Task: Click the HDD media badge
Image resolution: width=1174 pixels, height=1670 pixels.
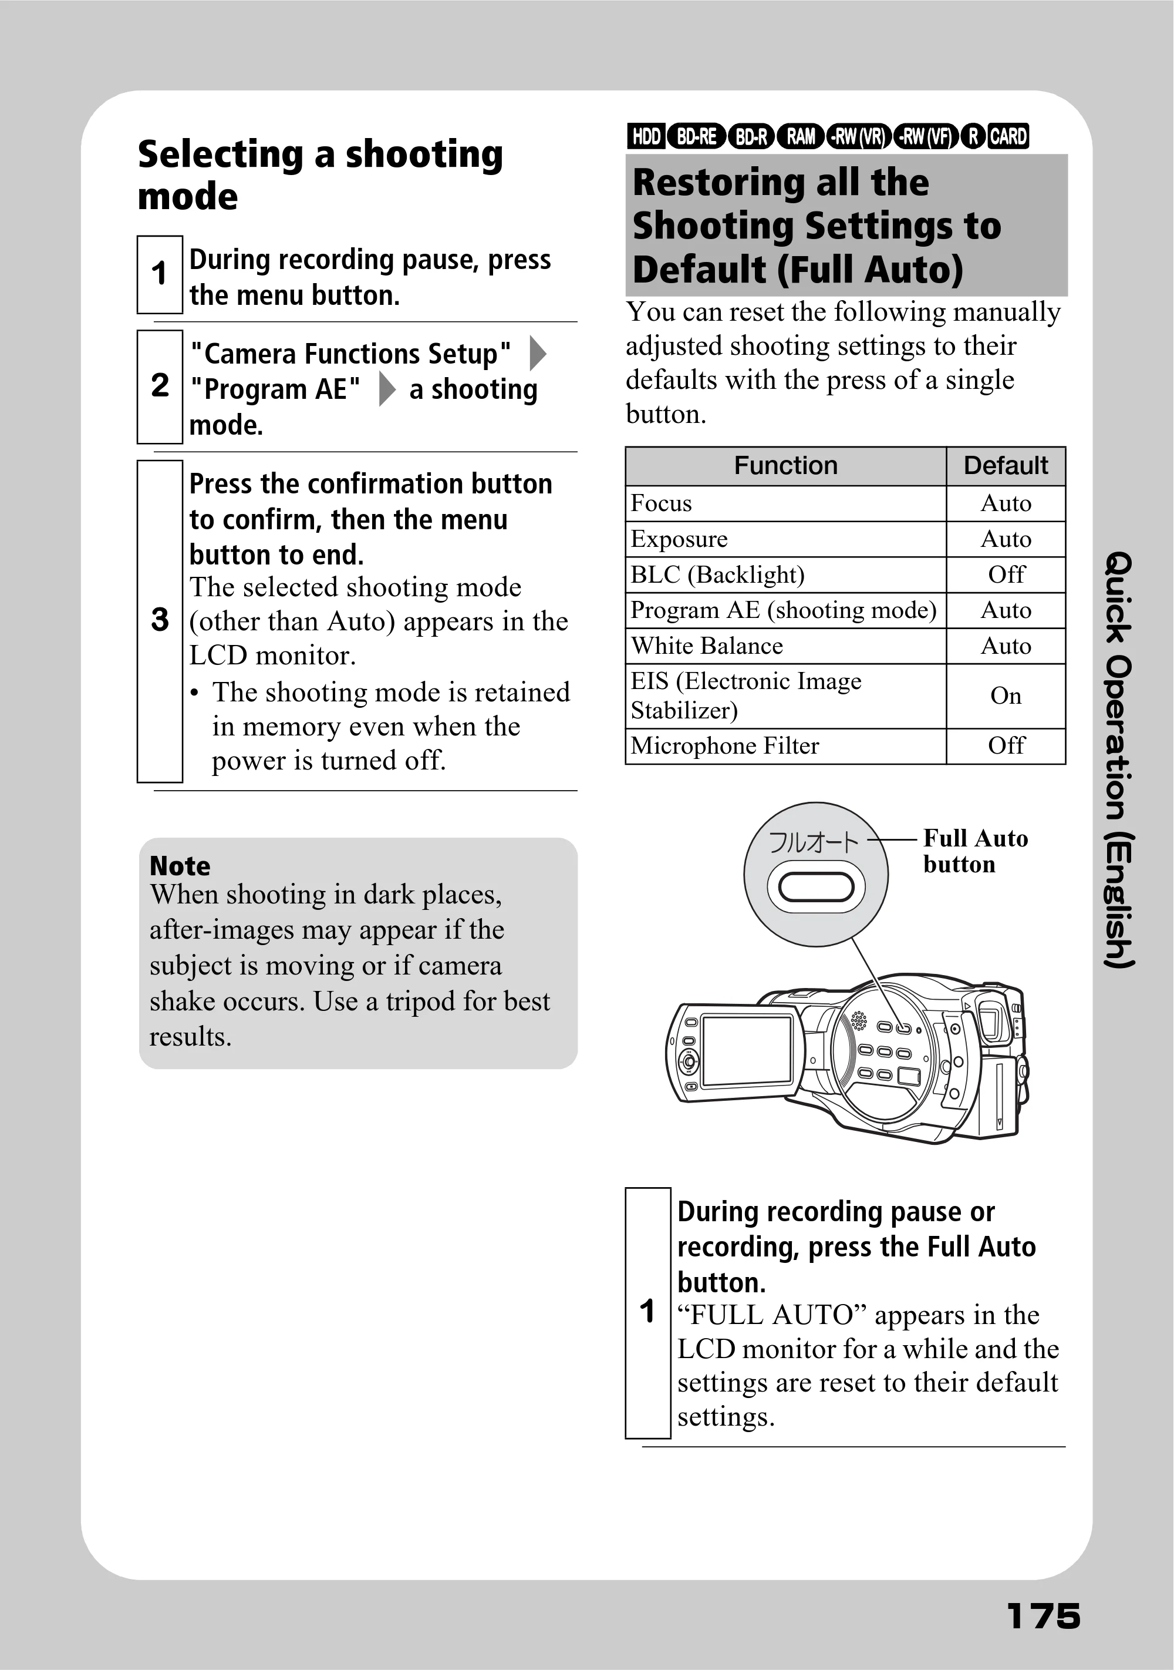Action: (646, 136)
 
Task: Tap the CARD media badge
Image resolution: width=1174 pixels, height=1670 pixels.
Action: (1008, 136)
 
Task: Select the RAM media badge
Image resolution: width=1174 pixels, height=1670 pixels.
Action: (800, 136)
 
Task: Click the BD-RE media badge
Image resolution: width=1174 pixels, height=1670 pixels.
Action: (696, 136)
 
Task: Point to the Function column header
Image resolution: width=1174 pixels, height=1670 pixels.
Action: (786, 465)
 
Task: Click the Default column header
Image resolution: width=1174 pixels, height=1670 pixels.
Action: (1006, 465)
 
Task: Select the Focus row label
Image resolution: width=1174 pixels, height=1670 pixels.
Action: (662, 503)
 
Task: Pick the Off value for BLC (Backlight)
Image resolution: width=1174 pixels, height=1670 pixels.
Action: (1006, 574)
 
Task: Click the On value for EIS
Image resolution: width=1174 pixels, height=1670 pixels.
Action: (1006, 696)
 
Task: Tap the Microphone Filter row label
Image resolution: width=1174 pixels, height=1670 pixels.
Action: (725, 745)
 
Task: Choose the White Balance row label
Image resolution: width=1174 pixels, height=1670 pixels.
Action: (707, 646)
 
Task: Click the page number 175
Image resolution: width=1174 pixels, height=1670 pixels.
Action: (1043, 1616)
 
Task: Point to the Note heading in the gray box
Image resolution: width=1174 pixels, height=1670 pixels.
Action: (180, 866)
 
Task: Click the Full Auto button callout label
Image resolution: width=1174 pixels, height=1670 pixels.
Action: (976, 851)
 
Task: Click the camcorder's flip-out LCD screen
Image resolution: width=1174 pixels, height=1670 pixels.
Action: (747, 1050)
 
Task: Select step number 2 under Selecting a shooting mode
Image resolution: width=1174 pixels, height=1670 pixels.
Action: (160, 385)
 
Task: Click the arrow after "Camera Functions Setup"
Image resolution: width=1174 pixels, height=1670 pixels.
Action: (537, 354)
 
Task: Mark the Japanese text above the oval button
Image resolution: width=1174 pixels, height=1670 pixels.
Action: (814, 842)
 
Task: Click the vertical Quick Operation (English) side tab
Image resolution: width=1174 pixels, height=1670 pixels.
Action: (1119, 760)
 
